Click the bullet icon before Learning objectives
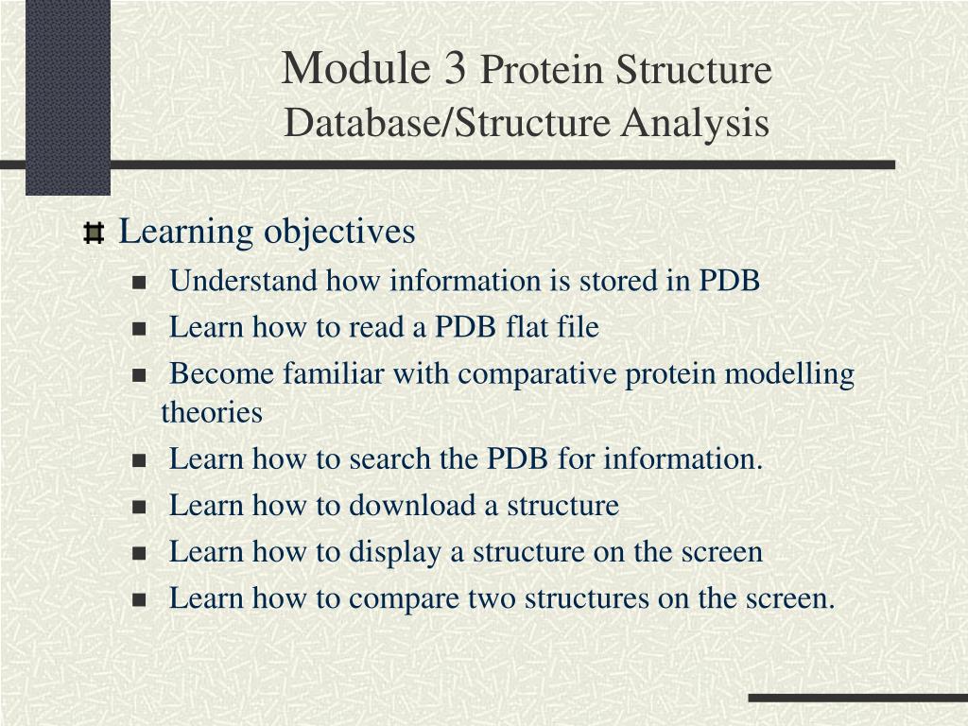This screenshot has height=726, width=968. [x=94, y=233]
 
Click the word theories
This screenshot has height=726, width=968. [x=212, y=413]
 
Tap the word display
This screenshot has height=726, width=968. [x=395, y=552]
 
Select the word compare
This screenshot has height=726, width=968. [x=401, y=598]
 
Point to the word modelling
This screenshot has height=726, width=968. [x=788, y=375]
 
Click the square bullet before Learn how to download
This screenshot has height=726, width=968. [x=140, y=507]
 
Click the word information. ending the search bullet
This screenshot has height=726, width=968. [x=683, y=459]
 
